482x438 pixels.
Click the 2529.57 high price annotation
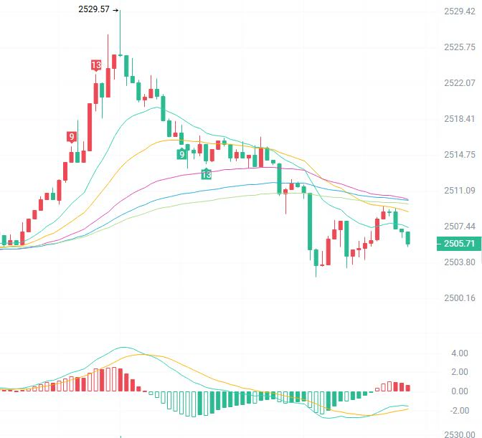point(94,9)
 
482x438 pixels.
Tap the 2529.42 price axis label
point(460,11)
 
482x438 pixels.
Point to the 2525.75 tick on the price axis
point(460,47)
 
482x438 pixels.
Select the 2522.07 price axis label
point(460,83)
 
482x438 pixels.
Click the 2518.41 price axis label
point(460,119)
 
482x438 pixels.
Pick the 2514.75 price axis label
point(460,155)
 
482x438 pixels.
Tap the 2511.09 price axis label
point(460,191)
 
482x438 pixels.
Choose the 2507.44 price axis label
point(460,227)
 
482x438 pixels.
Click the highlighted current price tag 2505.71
point(459,244)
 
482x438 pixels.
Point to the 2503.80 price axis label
point(460,262)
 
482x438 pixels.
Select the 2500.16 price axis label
point(460,298)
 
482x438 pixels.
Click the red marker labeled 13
point(96,65)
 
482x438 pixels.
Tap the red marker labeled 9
point(72,137)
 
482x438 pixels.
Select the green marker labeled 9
point(182,154)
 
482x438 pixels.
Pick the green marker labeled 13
point(207,174)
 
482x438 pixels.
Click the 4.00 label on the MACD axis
point(460,353)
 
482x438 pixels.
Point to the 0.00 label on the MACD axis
point(460,391)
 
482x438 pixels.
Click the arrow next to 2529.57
point(115,10)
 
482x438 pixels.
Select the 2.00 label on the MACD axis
point(460,372)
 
